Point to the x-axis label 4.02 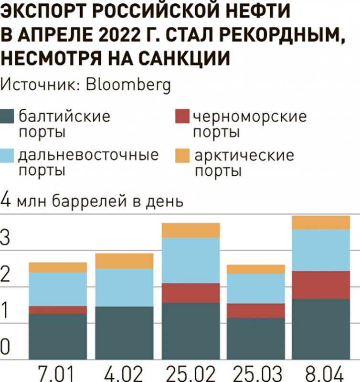124,372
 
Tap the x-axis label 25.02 191,372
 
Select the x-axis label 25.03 256,372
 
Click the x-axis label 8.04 321,372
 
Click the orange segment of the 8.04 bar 321,223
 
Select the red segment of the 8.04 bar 321,285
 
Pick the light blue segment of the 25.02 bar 191,260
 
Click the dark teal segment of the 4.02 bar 124,333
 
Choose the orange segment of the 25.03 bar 256,269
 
